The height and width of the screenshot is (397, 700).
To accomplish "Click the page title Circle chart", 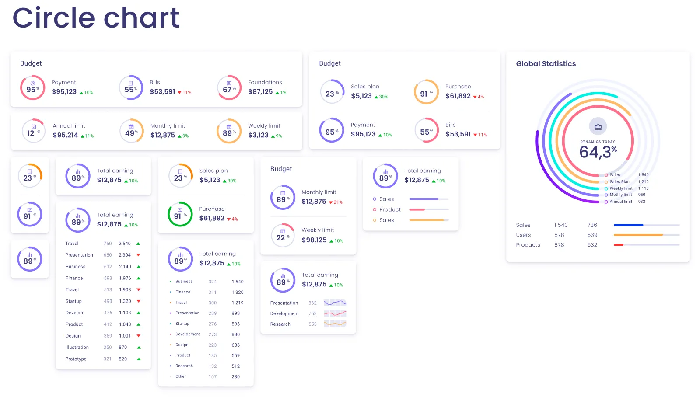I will [x=96, y=18].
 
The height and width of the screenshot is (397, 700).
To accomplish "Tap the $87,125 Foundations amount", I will [x=260, y=92].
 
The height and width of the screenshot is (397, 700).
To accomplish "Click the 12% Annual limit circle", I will [x=33, y=131].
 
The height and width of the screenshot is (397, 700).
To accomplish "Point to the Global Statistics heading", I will [x=546, y=64].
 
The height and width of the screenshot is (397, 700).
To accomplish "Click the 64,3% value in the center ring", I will [x=598, y=152].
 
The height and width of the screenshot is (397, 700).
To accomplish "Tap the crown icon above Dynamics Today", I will [x=598, y=126].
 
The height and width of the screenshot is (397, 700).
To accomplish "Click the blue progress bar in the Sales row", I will [x=628, y=225].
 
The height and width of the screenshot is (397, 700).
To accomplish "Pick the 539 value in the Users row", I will [x=592, y=235].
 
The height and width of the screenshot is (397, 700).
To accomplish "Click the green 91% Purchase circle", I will [x=180, y=214].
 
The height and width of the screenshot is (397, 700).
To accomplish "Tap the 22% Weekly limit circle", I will [x=283, y=235].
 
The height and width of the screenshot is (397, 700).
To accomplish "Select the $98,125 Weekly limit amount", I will [x=314, y=240].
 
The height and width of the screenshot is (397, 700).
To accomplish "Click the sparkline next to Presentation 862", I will [x=335, y=303].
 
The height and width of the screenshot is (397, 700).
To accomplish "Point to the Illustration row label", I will [x=77, y=348].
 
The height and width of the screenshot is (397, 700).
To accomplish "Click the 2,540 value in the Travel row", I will [x=125, y=244].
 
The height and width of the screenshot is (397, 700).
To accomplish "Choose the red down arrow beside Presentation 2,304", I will [x=138, y=255].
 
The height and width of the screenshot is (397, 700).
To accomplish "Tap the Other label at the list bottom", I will [x=181, y=376].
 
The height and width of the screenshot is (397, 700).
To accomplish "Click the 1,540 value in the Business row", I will [x=238, y=282].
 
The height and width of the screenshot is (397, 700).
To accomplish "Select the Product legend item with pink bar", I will [x=390, y=210].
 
